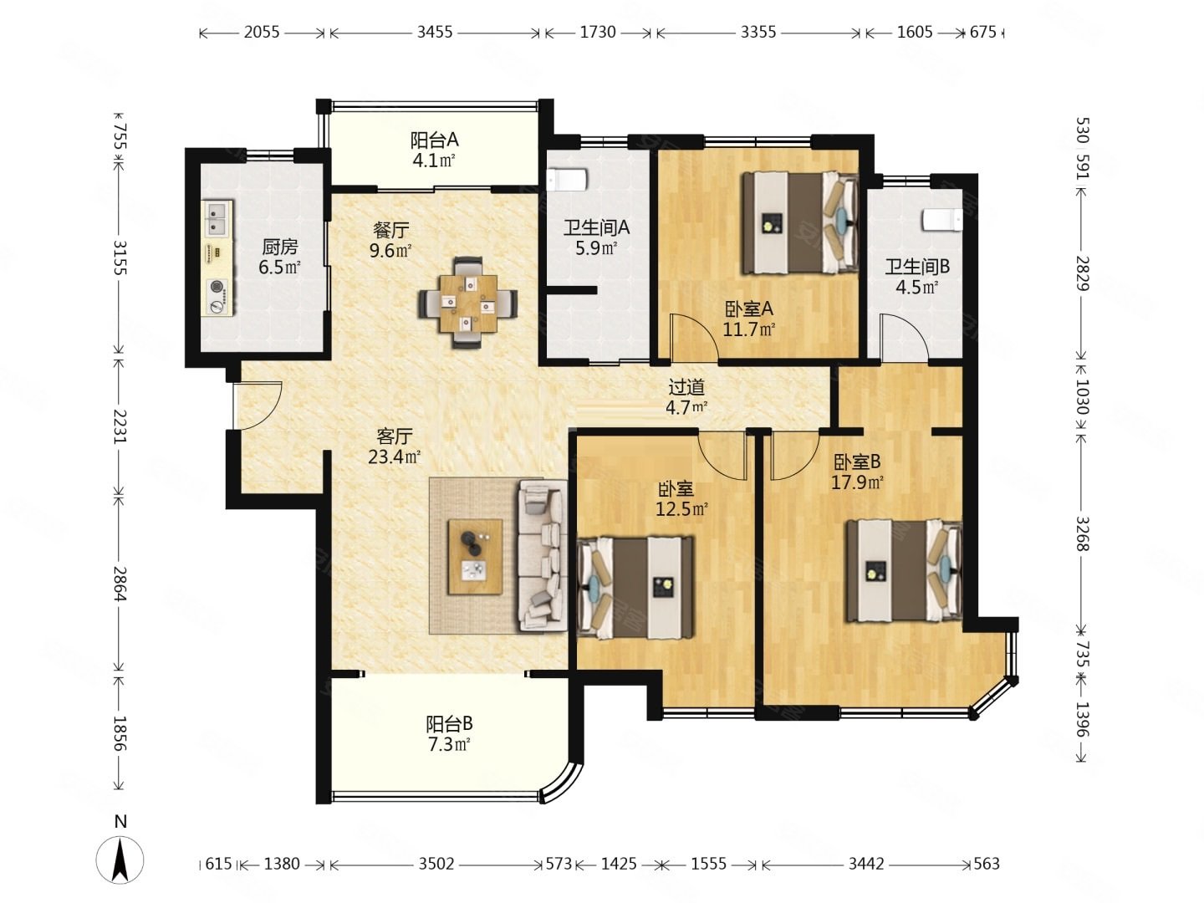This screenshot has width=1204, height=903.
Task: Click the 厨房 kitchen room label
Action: point(279,247)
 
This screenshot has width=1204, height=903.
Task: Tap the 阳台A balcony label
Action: point(434,140)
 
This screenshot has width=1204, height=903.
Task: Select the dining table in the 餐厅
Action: point(467,302)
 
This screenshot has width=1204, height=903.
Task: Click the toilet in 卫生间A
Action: point(567,179)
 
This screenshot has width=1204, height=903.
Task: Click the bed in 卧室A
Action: point(799,222)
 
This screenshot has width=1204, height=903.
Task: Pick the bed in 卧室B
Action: point(904,570)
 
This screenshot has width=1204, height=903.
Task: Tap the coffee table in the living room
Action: point(474,557)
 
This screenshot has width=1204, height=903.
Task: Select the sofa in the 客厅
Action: point(542,554)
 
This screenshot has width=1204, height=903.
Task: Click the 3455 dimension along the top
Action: point(435,33)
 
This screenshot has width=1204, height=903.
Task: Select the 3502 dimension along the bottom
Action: point(436,864)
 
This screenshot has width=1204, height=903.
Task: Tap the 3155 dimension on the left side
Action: point(120,258)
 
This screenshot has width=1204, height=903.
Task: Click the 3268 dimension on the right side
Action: point(1082,533)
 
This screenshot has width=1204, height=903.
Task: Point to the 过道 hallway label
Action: point(686,388)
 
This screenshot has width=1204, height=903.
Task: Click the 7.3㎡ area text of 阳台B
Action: point(449,744)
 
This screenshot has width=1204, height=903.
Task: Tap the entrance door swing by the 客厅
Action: point(257,406)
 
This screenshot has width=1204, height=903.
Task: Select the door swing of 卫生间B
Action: point(904,337)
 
